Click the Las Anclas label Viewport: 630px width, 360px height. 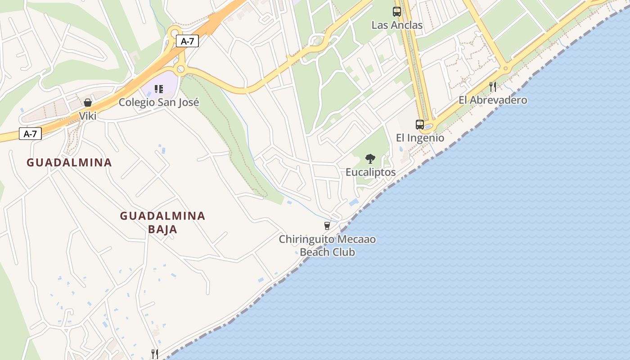[x=397, y=25]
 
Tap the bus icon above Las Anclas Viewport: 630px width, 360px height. [x=397, y=12]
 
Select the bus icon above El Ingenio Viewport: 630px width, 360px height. [x=420, y=125]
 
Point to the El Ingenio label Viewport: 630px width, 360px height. [x=420, y=138]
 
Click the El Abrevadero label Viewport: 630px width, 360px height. [x=493, y=100]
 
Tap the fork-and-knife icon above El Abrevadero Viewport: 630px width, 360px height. [x=493, y=86]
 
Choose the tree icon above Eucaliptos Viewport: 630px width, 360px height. [x=370, y=158]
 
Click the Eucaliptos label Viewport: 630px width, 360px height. [x=370, y=172]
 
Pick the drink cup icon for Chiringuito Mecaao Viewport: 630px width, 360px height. [x=327, y=225]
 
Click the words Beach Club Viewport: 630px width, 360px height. [x=327, y=252]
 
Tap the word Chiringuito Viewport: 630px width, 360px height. [x=308, y=239]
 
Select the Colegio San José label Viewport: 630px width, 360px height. [x=159, y=102]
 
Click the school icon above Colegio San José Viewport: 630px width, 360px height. [x=158, y=89]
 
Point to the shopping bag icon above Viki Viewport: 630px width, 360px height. [x=88, y=103]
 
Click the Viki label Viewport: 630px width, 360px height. [x=88, y=116]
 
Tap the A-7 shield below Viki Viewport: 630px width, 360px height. [x=30, y=134]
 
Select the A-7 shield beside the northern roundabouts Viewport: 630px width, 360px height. [x=187, y=41]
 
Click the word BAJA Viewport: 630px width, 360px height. [x=162, y=229]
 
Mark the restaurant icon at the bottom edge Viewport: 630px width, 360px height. [x=154, y=354]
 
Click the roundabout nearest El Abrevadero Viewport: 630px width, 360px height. [x=505, y=69]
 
